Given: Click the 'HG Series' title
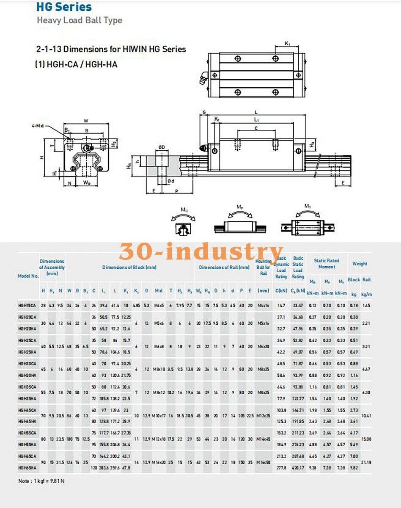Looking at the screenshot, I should [x=64, y=7].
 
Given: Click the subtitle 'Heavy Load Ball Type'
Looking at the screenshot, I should [x=80, y=20].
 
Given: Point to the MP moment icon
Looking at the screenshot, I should [x=239, y=222].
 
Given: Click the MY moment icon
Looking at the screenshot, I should [x=308, y=222].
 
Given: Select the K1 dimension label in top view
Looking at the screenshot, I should [x=287, y=44].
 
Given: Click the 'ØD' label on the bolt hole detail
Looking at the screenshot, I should [x=162, y=147].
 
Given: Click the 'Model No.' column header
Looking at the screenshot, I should [x=28, y=276].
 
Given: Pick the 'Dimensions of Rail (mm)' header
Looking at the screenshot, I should [x=224, y=268].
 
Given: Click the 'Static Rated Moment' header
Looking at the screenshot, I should [x=327, y=264].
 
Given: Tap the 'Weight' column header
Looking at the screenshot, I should [x=360, y=264].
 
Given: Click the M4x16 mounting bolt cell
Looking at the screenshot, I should [x=263, y=305].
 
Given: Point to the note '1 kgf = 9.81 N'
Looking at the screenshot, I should [x=41, y=481].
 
